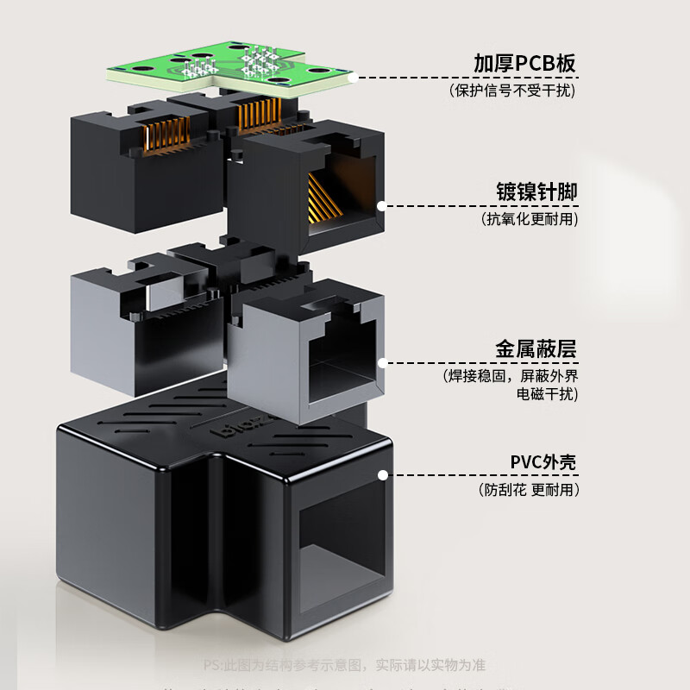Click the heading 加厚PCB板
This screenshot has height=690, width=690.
pos(524,63)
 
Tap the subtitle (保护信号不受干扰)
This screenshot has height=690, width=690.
pos(512,90)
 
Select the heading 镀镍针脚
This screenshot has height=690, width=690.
pos(536,191)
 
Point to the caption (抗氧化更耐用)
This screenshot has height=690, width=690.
pos(529,219)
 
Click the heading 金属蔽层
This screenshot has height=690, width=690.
pos(535,348)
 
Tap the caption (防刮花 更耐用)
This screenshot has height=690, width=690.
pos(528,489)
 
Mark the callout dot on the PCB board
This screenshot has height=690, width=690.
pos(354,77)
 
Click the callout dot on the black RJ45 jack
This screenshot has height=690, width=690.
pos(380,205)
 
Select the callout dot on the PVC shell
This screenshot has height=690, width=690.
pos(382,474)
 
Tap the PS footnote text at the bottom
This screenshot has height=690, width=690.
pos(344,665)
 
